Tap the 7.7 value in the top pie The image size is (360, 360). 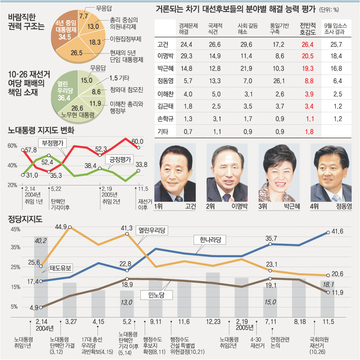[x=84, y=16]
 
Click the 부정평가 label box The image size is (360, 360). [x=53, y=143]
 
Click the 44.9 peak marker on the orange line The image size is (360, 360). [x=69, y=228]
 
